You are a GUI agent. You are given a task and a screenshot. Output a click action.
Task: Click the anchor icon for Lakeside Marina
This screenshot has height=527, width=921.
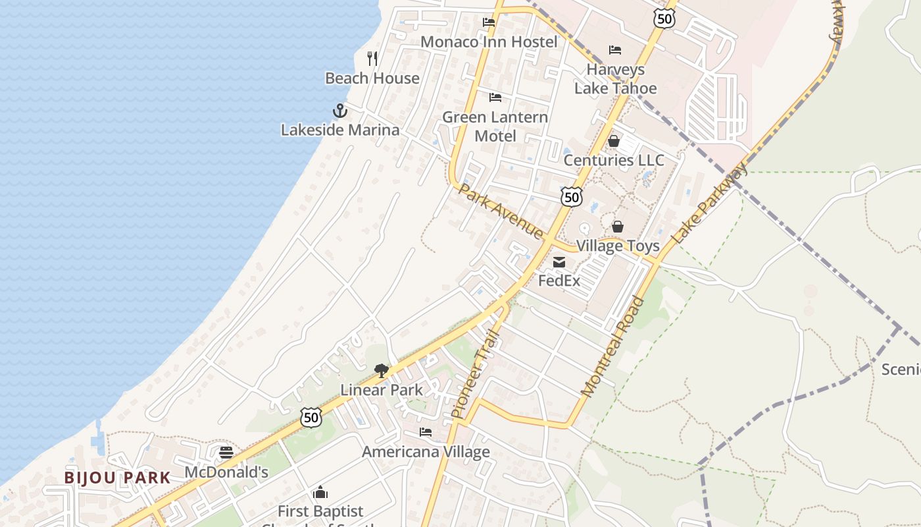[339, 111]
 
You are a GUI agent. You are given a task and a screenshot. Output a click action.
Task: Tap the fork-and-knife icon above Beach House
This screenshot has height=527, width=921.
[372, 59]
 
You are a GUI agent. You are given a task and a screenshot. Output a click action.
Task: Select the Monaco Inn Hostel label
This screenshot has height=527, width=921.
[489, 42]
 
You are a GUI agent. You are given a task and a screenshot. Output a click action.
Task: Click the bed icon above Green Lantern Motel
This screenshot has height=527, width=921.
[495, 97]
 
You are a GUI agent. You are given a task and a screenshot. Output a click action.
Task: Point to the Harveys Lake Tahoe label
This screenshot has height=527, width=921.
[615, 79]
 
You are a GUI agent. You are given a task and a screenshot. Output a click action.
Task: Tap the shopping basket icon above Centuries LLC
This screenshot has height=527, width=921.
[614, 141]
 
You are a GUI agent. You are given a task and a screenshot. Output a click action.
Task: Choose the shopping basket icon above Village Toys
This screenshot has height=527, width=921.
[618, 227]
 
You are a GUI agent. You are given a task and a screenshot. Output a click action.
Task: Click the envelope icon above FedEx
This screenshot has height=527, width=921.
[559, 262]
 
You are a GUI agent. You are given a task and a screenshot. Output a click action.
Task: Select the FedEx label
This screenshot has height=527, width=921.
[559, 281]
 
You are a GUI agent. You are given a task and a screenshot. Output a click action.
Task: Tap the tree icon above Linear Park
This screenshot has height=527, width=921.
[381, 371]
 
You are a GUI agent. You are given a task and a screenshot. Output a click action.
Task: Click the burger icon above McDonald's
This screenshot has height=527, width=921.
[226, 453]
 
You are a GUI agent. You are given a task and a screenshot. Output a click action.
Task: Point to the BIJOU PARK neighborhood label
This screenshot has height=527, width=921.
[117, 478]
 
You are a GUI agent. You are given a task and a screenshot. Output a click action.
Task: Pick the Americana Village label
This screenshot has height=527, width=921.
[426, 452]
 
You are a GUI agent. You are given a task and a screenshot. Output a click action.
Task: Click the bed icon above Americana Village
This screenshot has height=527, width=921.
[426, 433]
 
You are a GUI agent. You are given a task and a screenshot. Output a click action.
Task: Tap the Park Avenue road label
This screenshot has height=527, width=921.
[501, 211]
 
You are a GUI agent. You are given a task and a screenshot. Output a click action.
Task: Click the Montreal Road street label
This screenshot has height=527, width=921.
[613, 347]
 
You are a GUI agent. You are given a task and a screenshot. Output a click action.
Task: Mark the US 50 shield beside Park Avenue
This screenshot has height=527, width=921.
[572, 196]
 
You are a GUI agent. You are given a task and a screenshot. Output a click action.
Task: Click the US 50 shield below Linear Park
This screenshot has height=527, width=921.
[311, 416]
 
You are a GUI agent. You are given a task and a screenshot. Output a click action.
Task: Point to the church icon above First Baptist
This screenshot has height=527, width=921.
[320, 492]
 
